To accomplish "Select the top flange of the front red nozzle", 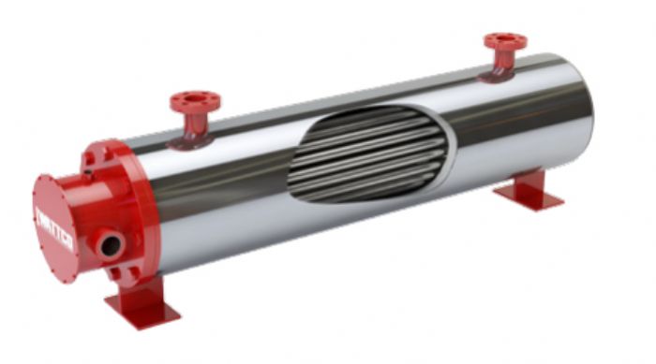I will coord(195,100).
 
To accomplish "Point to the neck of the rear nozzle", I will coord(505,60).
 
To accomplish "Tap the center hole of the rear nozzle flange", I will coord(505,39).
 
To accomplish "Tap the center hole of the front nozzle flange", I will coord(195,97).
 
